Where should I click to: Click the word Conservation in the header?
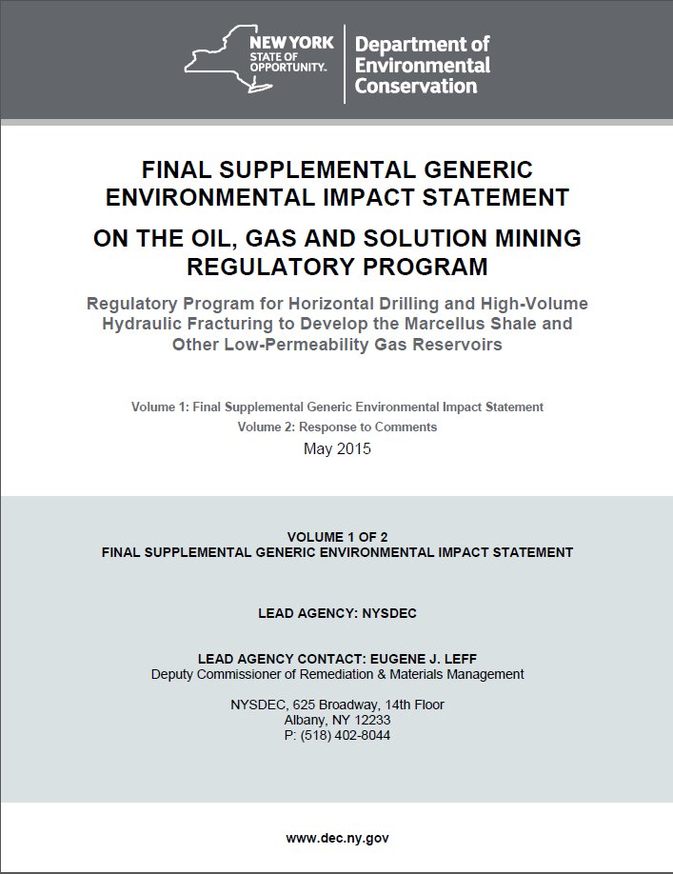click(416, 86)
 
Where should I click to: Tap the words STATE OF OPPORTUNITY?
click(289, 63)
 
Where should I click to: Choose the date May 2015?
click(337, 448)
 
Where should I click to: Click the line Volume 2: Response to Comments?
click(337, 427)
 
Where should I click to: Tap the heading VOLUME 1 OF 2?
click(337, 537)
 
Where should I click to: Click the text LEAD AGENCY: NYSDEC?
click(337, 614)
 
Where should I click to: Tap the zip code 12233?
click(369, 721)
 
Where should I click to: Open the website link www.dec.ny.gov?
click(337, 838)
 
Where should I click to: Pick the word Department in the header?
click(422, 44)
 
